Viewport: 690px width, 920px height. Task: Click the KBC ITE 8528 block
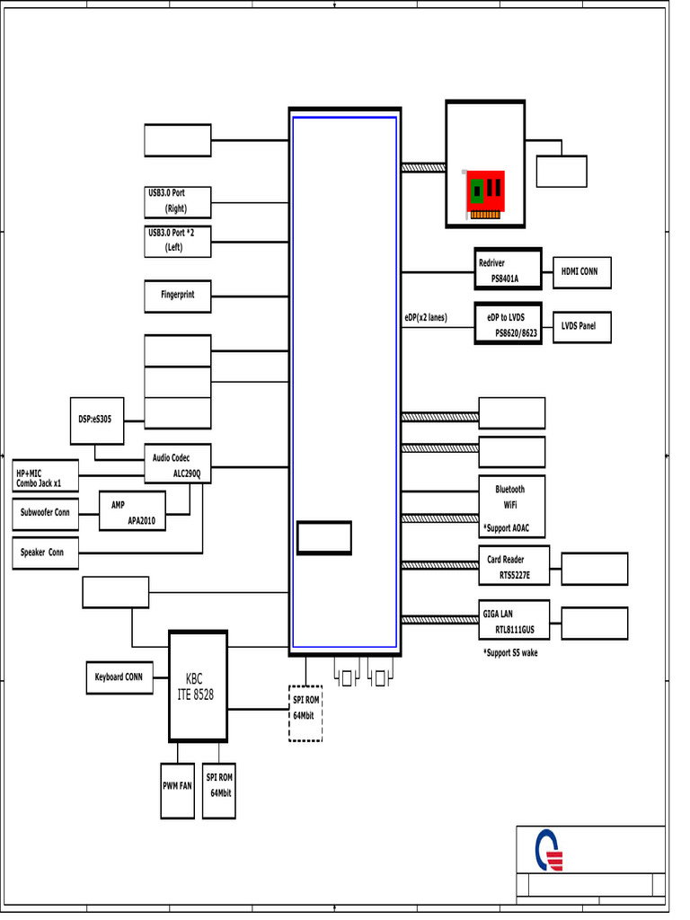[198, 686]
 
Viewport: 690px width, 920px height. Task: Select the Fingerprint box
[178, 296]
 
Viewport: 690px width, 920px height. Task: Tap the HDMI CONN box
[579, 271]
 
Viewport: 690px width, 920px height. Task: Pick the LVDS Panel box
[579, 326]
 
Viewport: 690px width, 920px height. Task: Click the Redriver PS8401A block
[509, 270]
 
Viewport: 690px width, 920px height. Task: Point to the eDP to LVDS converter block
[509, 324]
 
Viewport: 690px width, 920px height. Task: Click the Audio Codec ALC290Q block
[178, 464]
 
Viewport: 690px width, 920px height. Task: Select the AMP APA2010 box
[133, 511]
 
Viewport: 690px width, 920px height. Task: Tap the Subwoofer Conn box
[45, 514]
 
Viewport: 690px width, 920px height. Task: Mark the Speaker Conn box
[45, 553]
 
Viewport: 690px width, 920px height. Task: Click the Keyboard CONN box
[119, 677]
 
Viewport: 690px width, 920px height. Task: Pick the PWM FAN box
[177, 786]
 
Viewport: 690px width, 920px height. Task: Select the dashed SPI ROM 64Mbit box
[305, 712]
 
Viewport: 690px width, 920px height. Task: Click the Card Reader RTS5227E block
[512, 567]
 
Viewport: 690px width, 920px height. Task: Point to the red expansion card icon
[485, 194]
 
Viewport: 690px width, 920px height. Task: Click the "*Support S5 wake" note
[510, 653]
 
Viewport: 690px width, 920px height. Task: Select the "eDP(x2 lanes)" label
[425, 317]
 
